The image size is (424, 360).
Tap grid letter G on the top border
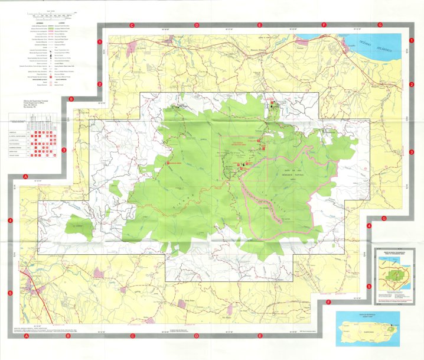380,25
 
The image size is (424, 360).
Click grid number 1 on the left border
100,42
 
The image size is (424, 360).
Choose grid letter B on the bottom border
69,336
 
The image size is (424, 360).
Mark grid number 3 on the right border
411,153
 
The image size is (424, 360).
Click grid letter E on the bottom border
260,336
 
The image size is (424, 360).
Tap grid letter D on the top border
196,25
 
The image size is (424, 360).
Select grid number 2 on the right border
411,85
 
